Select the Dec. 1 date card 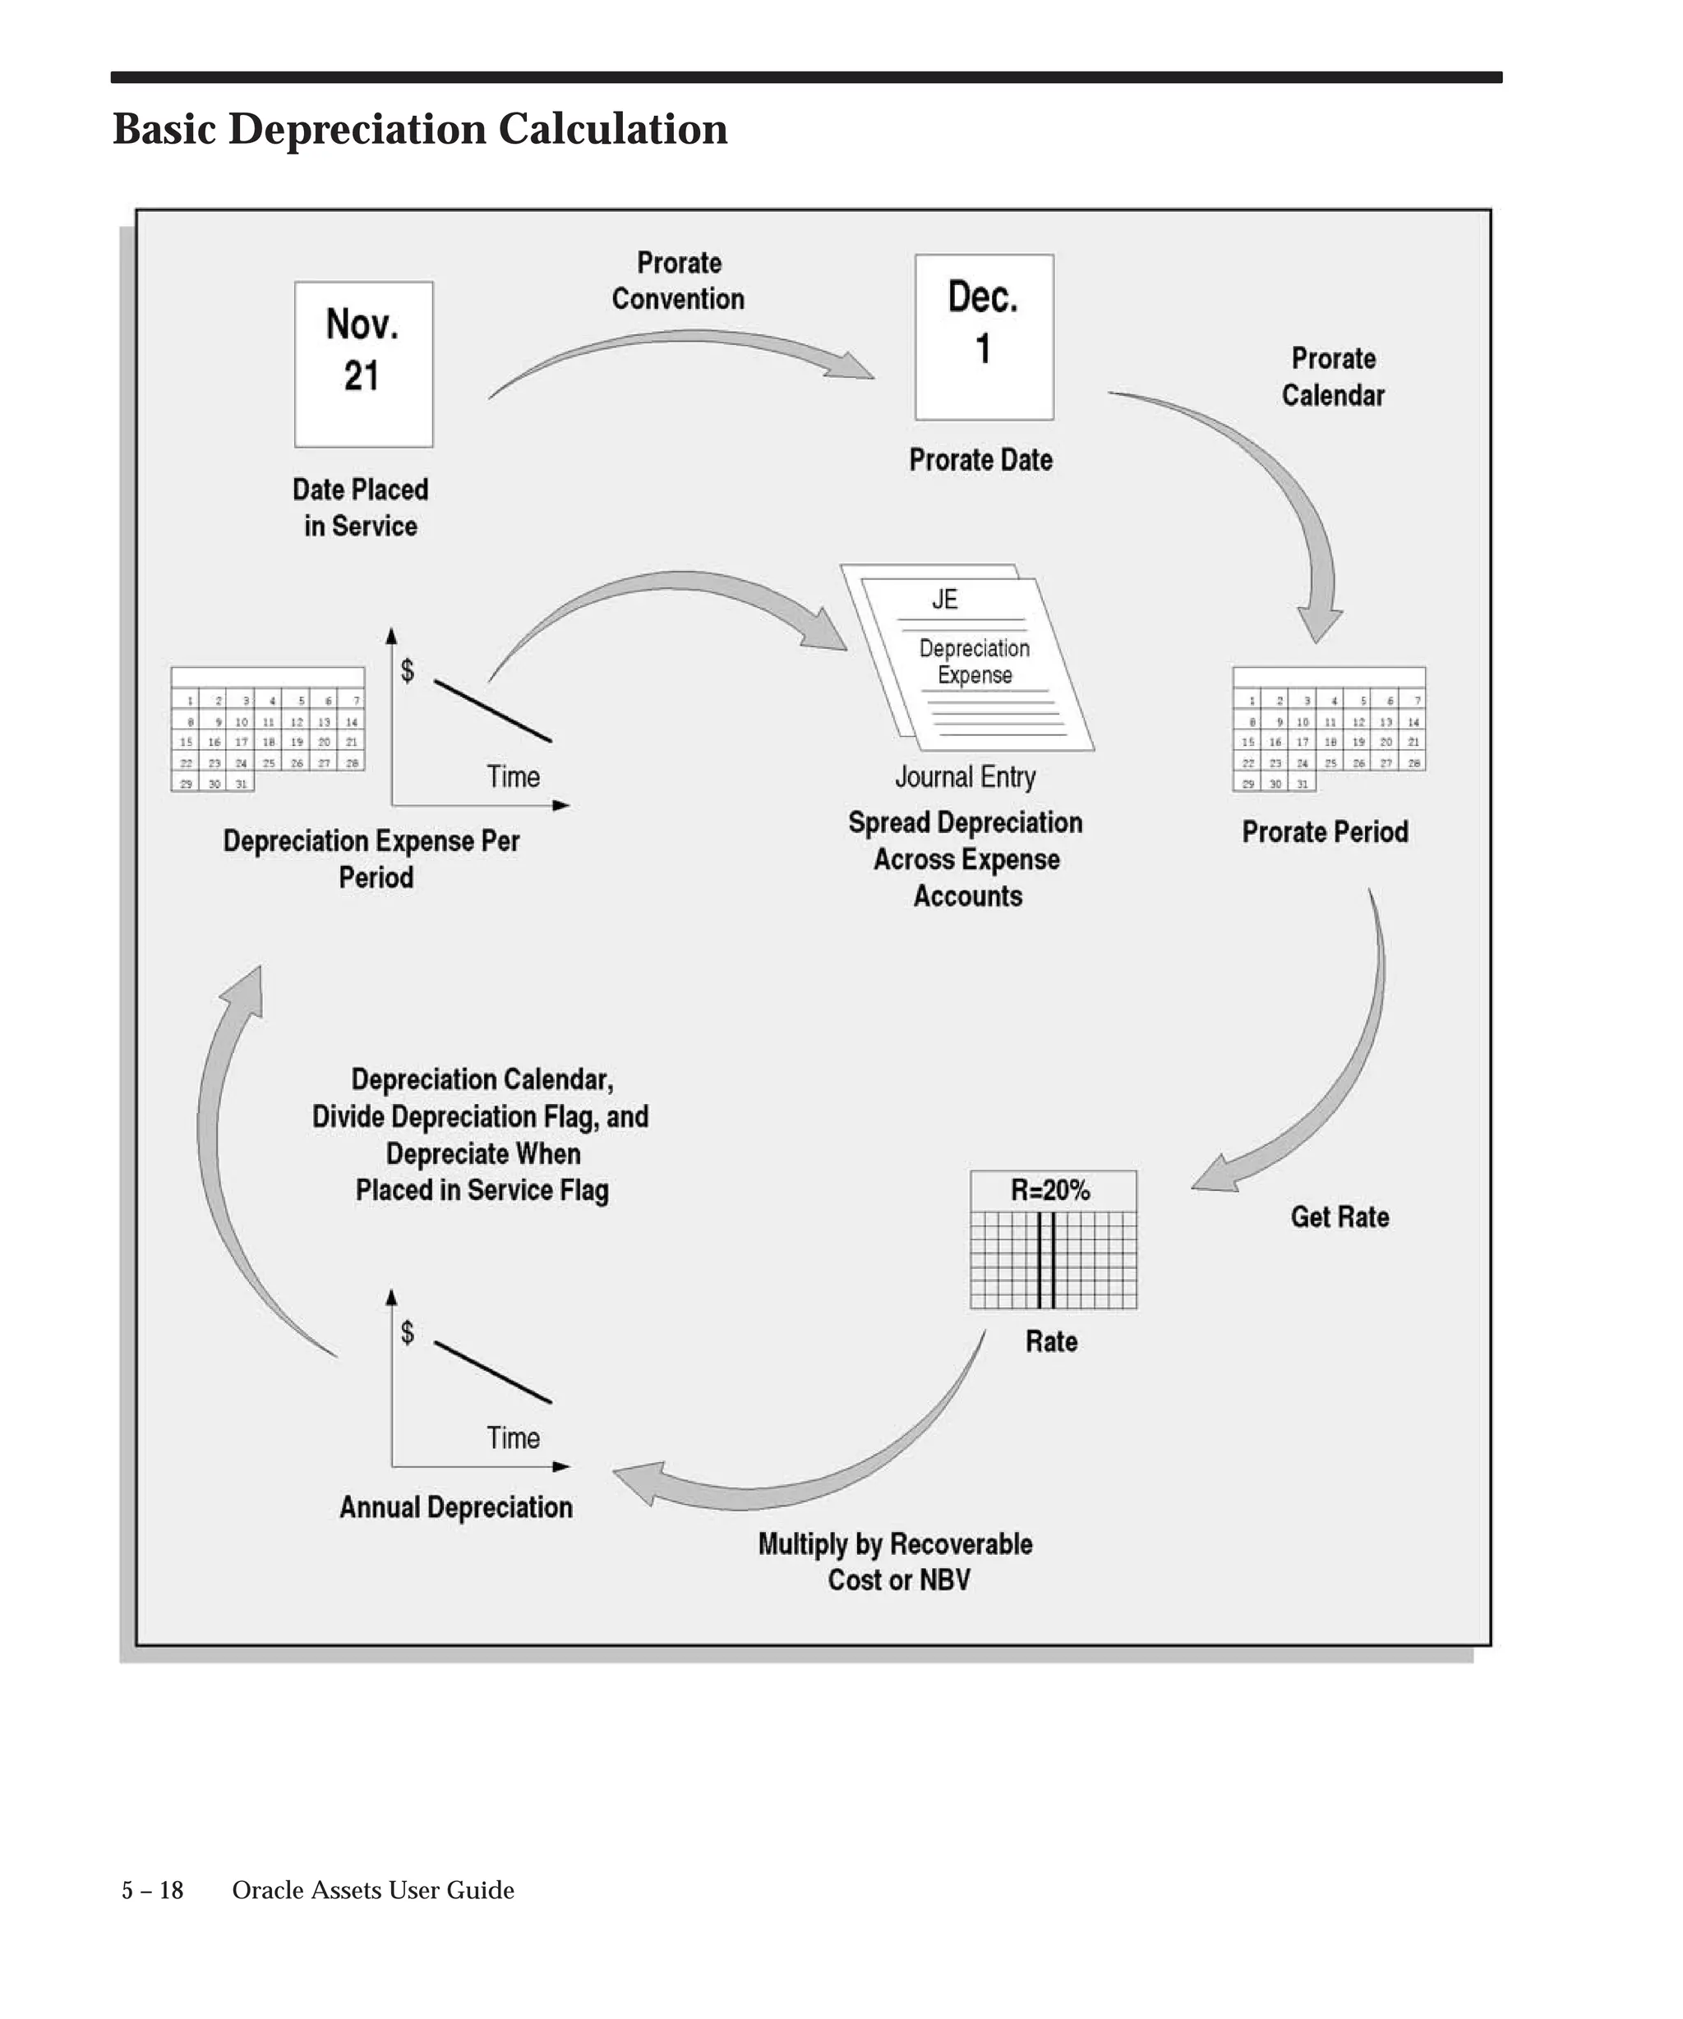(x=984, y=337)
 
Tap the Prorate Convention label (x=678, y=281)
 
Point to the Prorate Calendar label (x=1333, y=377)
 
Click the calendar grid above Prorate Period (x=1328, y=729)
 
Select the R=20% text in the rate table (x=1050, y=1190)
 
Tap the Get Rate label (x=1339, y=1217)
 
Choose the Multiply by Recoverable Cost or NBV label (x=896, y=1561)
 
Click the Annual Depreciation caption (x=456, y=1506)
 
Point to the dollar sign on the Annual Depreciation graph (x=408, y=1331)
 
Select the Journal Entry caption (x=966, y=777)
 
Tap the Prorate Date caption (x=981, y=459)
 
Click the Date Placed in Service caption (x=361, y=508)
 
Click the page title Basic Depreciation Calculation (x=420, y=129)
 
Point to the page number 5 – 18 (x=152, y=1890)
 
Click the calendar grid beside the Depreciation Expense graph (x=267, y=729)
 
